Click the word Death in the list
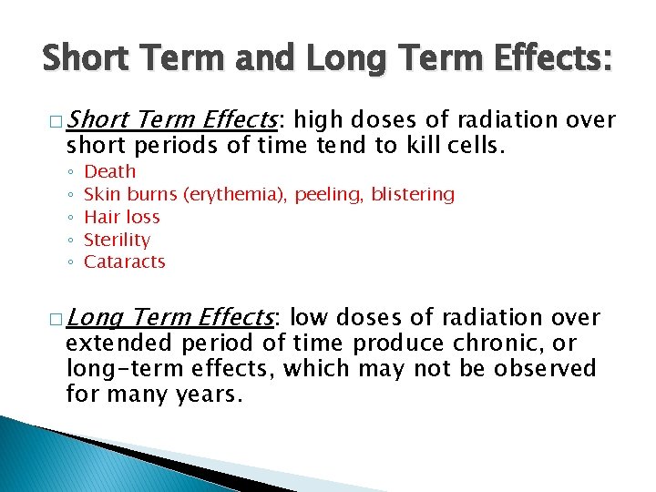(109, 171)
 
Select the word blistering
(413, 194)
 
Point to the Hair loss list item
(121, 217)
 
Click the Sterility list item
(117, 240)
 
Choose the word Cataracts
(124, 261)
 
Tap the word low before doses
(308, 318)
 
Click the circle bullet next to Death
(70, 172)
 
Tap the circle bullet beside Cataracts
(70, 262)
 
